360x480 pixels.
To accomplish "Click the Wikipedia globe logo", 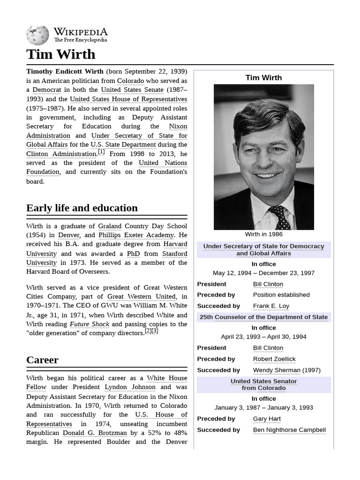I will [37, 35].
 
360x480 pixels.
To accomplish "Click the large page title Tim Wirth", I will [60, 54].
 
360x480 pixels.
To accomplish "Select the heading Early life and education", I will [82, 208].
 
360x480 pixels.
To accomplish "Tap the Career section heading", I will [42, 360].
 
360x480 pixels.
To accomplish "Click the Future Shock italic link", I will [90, 324].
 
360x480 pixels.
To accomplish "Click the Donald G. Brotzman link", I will [95, 433].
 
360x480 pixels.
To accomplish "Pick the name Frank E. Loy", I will [271, 306].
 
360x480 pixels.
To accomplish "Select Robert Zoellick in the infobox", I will [274, 359].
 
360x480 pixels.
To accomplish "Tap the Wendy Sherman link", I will [277, 370].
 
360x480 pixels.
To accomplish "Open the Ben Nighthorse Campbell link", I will [289, 430].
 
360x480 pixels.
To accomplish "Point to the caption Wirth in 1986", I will [263, 234].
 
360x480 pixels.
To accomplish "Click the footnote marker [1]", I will [101, 152].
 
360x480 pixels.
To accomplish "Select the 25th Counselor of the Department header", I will [263, 317].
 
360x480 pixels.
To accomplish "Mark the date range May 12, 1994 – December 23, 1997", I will [263, 273].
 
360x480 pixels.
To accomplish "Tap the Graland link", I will [110, 226].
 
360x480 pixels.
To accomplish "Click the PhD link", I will [134, 254].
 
